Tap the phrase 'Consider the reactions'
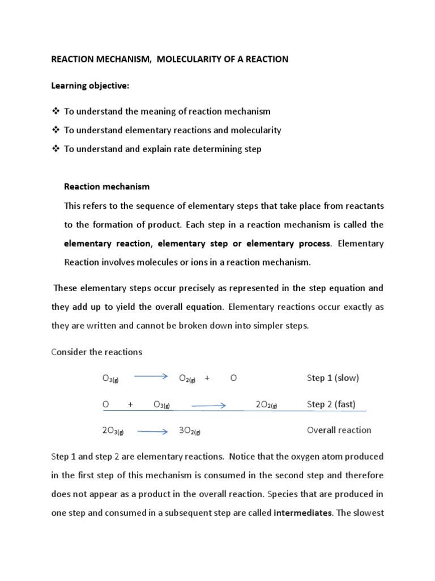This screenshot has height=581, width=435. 97,352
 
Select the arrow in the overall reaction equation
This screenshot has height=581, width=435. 153,431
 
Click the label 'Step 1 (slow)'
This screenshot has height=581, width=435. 333,378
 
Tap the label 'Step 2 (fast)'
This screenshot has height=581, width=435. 331,405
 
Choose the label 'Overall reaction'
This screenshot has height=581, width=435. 339,430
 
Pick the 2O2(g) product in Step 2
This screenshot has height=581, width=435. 266,405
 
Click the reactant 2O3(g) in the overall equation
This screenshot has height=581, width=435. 113,431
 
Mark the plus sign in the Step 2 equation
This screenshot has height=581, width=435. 130,405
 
